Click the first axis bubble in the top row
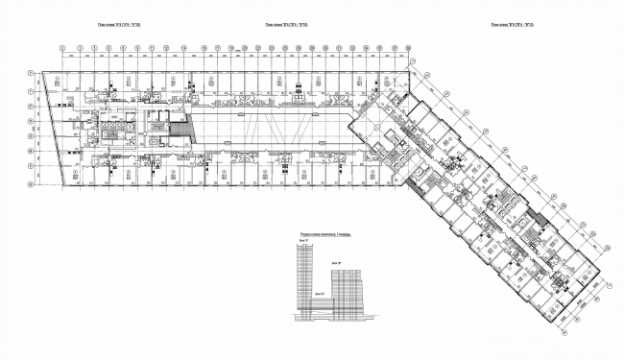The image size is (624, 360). click(61, 46)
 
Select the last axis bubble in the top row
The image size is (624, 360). click(407, 46)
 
